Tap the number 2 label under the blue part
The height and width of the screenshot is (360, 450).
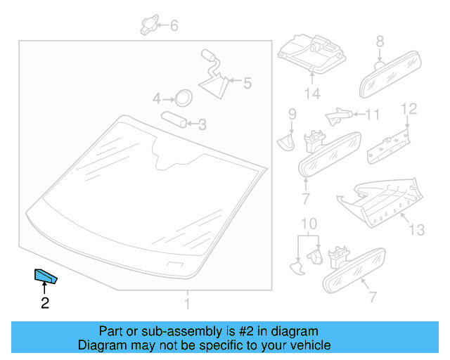tap(45, 304)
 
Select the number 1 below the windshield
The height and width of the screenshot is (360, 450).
tap(187, 304)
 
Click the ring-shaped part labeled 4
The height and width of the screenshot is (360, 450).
tap(183, 97)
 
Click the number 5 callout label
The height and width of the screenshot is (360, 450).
tap(246, 83)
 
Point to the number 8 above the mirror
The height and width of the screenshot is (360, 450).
tap(380, 41)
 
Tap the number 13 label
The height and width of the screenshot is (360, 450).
tap(418, 230)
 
